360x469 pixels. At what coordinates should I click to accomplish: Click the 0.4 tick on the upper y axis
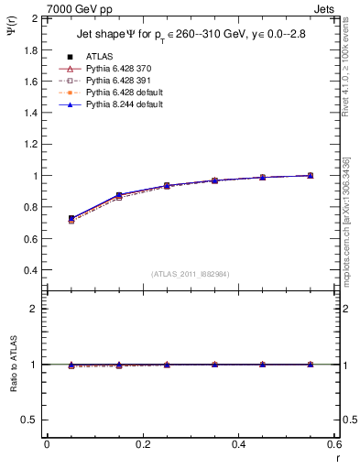click(x=31, y=270)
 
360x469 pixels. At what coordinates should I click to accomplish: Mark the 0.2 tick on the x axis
click(x=143, y=445)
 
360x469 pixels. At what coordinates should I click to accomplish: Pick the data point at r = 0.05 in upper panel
click(x=71, y=219)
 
